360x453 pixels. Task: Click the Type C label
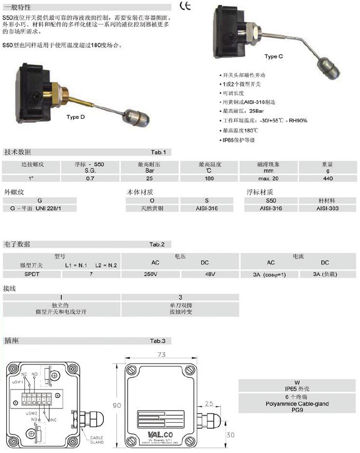pyautogui.click(x=274, y=56)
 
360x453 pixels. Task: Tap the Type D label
pyautogui.click(x=76, y=117)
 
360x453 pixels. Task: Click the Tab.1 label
pyautogui.click(x=158, y=153)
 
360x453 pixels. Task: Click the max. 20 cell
pyautogui.click(x=271, y=179)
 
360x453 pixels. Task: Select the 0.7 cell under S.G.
pyautogui.click(x=91, y=179)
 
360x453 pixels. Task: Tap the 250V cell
pyautogui.click(x=150, y=274)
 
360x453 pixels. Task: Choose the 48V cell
pyautogui.click(x=210, y=274)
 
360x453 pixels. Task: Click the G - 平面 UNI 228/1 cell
pyautogui.click(x=39, y=209)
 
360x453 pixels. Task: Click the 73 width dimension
pyautogui.click(x=162, y=353)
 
